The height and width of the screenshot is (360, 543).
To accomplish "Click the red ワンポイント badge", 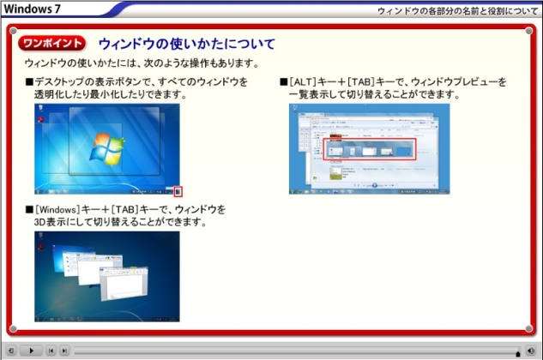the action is point(52,43).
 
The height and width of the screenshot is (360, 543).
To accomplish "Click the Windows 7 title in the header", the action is point(32,9).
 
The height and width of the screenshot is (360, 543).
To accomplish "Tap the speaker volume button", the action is point(530,351).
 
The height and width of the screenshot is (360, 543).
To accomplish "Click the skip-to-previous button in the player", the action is point(51,351).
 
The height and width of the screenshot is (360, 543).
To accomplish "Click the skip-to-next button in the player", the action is point(64,351).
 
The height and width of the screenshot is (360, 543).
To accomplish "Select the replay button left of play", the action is point(11,351).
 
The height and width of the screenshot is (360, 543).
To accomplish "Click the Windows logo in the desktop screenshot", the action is point(107,149).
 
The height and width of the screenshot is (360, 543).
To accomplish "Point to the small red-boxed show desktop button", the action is point(178,191).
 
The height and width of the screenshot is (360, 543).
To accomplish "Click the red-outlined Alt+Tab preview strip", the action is point(370,149).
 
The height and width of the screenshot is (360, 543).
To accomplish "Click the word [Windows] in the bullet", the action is point(57,209).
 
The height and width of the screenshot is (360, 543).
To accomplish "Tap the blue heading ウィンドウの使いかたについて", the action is point(187,44).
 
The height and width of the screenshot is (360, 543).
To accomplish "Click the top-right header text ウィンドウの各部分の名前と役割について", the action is point(457,11).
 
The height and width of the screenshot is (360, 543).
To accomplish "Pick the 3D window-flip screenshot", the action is point(107,277).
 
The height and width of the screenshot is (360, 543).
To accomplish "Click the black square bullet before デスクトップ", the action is point(29,82).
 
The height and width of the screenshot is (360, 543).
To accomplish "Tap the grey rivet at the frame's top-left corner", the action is point(13,31).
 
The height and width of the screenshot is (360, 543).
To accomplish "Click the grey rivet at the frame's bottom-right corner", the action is point(528,328).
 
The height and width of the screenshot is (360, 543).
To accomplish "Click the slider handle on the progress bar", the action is point(518,353).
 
